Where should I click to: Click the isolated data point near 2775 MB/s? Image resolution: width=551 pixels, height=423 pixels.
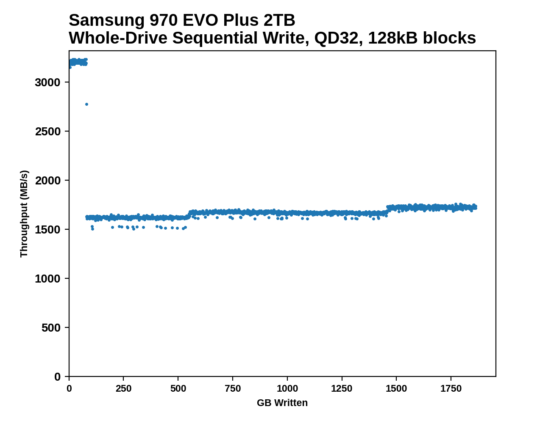point(86,104)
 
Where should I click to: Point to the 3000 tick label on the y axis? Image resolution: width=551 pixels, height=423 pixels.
point(47,82)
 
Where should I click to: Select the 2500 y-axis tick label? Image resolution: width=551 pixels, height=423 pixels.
point(47,132)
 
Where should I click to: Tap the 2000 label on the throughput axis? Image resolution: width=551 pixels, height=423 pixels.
point(47,181)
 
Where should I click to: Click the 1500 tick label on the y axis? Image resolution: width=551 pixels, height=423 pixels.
point(47,230)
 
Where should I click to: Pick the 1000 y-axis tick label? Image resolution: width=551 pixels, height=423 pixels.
point(47,279)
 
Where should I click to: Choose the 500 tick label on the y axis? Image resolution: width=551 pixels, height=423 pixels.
point(51,328)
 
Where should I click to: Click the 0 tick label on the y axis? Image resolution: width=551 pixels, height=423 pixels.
point(58,377)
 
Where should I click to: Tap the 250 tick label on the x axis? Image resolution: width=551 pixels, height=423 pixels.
point(123,389)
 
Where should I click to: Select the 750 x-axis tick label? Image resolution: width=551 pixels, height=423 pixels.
point(233,389)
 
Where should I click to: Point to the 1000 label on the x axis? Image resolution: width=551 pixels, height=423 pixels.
point(287,389)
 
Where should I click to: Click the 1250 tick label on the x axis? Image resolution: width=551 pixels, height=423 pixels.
point(342,389)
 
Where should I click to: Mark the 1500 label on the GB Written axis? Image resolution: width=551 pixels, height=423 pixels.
point(396,389)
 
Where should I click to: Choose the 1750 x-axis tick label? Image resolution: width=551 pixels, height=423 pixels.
point(451,389)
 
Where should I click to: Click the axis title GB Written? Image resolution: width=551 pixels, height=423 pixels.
point(282,403)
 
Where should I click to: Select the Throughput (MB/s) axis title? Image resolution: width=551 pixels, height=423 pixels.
point(24,214)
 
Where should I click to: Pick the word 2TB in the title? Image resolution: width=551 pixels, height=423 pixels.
point(279,20)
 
